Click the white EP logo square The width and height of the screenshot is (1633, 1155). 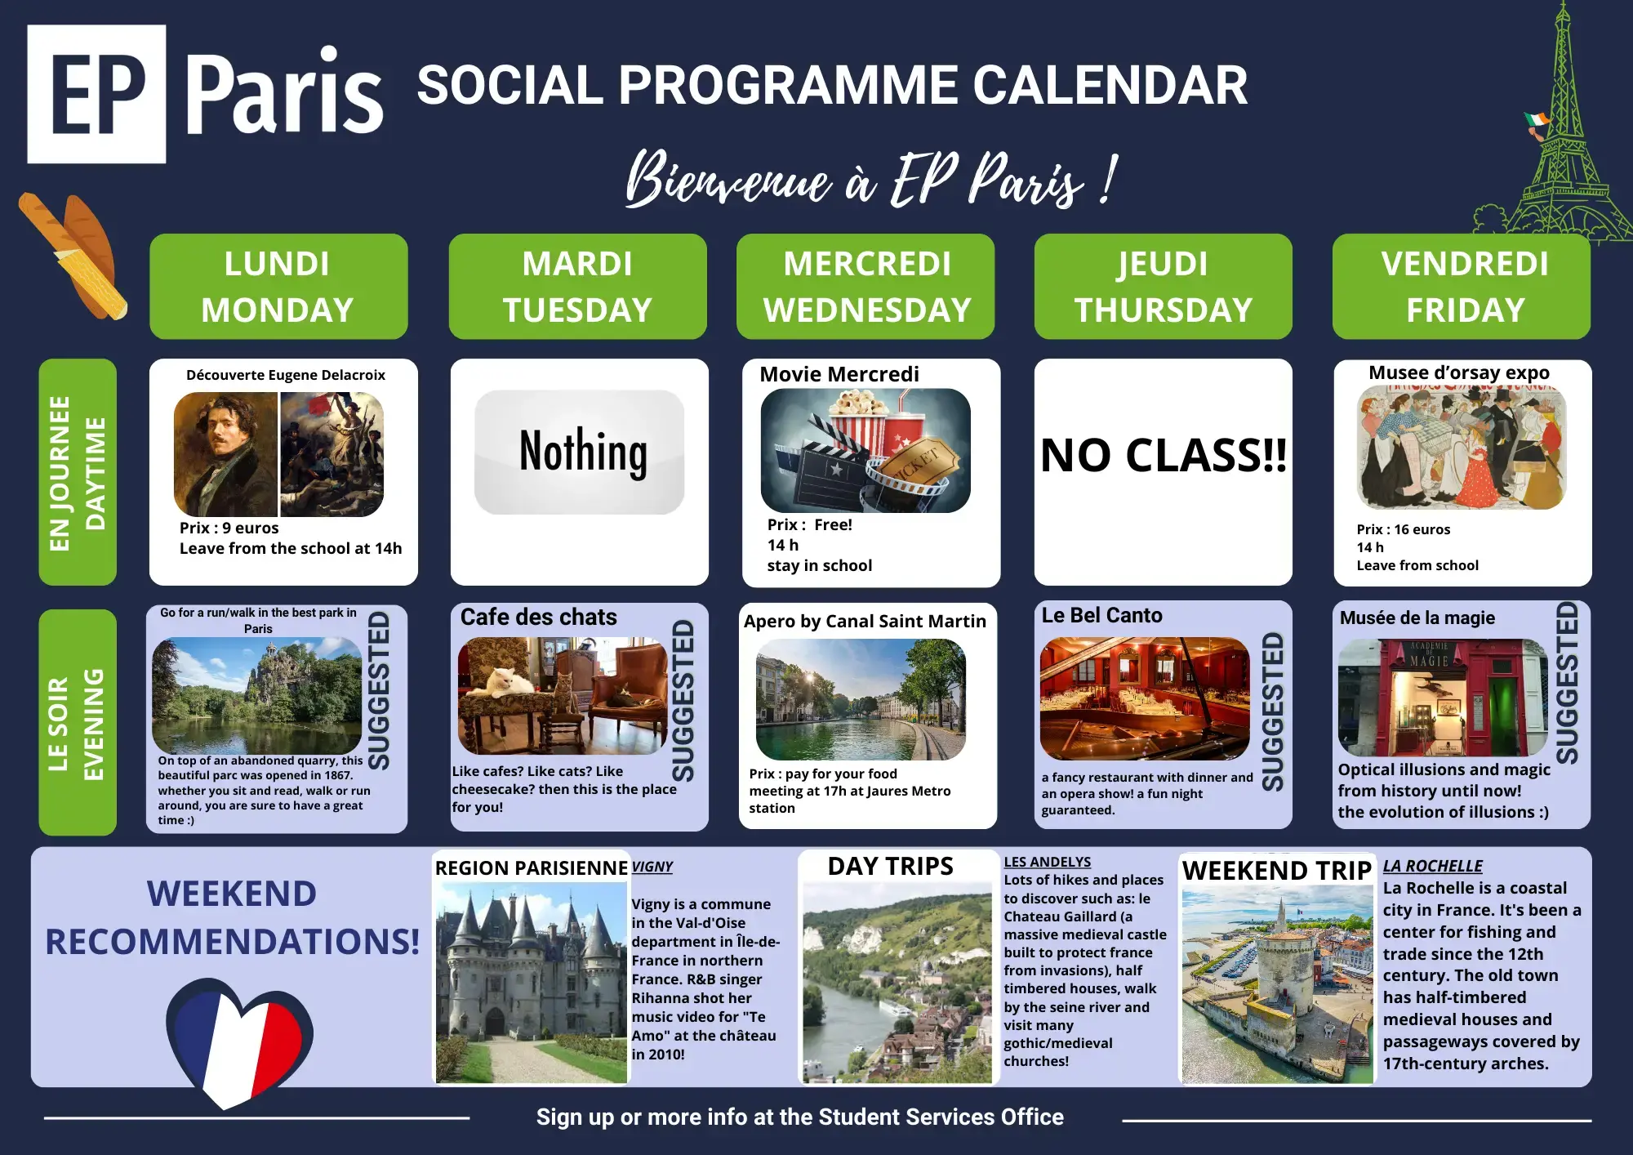click(x=96, y=94)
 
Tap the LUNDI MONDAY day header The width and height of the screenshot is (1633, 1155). click(x=278, y=287)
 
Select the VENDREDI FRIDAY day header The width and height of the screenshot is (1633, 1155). click(x=1462, y=287)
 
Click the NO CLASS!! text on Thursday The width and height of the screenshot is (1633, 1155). click(x=1164, y=455)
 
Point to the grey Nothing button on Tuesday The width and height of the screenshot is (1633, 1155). click(x=579, y=452)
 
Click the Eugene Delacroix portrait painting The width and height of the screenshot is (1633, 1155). click(x=225, y=454)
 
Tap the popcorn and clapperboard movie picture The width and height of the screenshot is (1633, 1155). click(x=865, y=450)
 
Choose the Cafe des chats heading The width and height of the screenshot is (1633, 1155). click(x=539, y=617)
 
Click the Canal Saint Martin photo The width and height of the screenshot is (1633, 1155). click(x=861, y=699)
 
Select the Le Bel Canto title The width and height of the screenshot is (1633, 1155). click(x=1101, y=615)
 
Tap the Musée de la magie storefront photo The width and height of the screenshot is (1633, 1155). click(x=1443, y=698)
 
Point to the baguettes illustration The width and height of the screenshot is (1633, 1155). click(x=73, y=256)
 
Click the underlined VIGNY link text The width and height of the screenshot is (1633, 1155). click(x=652, y=867)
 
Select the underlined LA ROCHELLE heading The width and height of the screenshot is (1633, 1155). click(x=1433, y=866)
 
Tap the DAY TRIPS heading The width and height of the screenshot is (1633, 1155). click(x=890, y=866)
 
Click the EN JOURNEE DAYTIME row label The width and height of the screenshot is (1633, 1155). click(x=78, y=472)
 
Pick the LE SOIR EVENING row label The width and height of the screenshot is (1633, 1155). click(x=78, y=722)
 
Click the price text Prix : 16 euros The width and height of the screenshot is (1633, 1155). click(x=1404, y=529)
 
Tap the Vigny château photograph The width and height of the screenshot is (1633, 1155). click(x=532, y=983)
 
